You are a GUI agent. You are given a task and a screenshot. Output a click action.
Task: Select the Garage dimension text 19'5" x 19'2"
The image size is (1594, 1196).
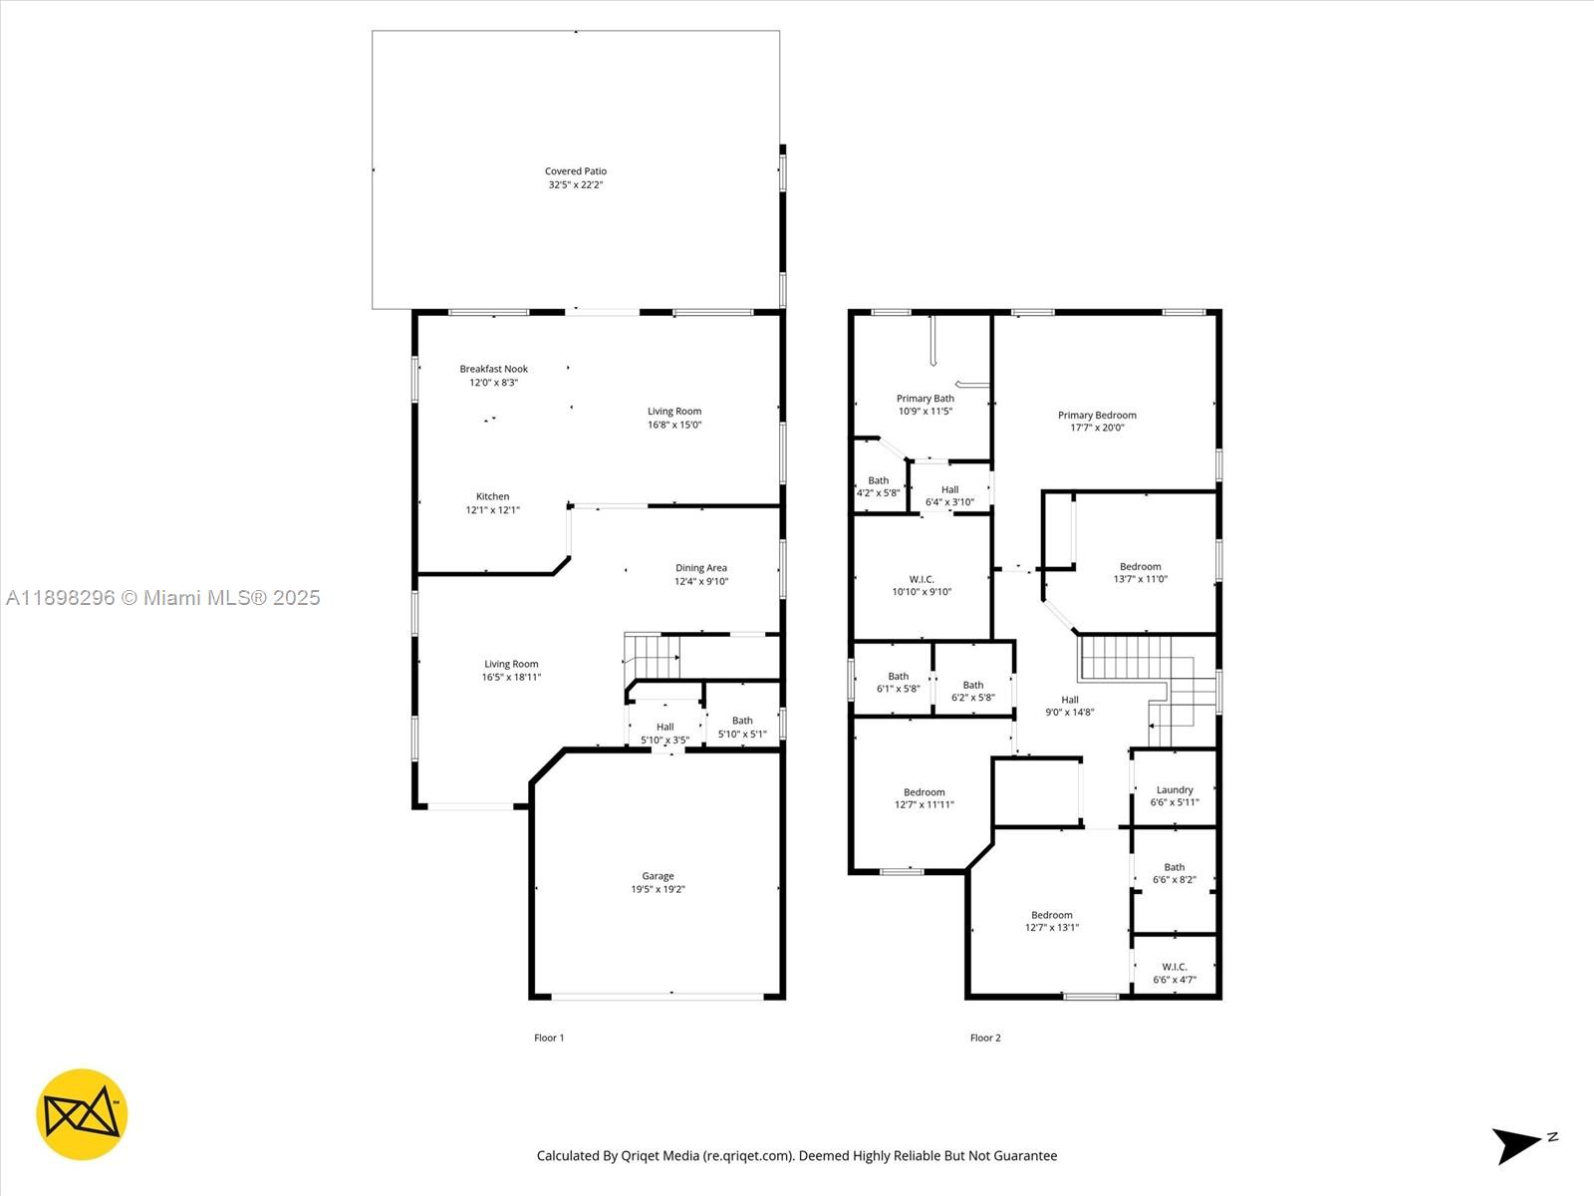(658, 889)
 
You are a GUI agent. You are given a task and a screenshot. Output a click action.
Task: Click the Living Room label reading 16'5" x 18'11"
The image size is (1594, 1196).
(511, 671)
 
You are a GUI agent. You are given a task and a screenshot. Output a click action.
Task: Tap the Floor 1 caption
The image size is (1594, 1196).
(549, 1038)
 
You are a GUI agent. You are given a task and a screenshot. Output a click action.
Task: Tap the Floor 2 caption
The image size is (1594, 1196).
(985, 1038)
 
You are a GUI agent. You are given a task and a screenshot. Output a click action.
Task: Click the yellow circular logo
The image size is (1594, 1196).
(82, 1114)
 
